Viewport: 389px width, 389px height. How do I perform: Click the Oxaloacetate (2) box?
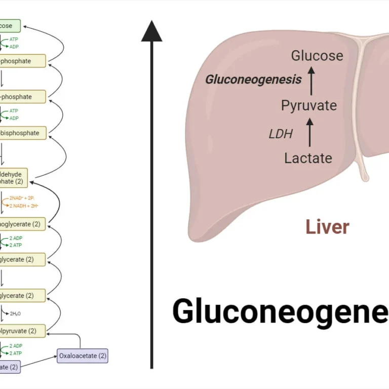(83, 356)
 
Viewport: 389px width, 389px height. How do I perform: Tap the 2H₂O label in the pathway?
(15, 314)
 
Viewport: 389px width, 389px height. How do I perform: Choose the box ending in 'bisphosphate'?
(22, 133)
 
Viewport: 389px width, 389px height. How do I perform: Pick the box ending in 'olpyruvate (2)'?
(22, 331)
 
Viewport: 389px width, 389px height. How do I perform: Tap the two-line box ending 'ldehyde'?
(14, 177)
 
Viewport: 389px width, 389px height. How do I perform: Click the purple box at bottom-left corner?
(10, 367)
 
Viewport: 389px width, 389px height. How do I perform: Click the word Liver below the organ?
(327, 227)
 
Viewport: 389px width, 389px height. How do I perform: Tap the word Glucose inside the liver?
(317, 56)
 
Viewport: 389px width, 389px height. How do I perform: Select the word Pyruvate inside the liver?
(309, 105)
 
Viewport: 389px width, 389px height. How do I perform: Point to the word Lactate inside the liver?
(308, 158)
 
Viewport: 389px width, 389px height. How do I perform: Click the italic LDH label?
(281, 134)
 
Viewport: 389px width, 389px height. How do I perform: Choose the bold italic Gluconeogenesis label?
(253, 80)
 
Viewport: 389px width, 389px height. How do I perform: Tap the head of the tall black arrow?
(151, 31)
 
